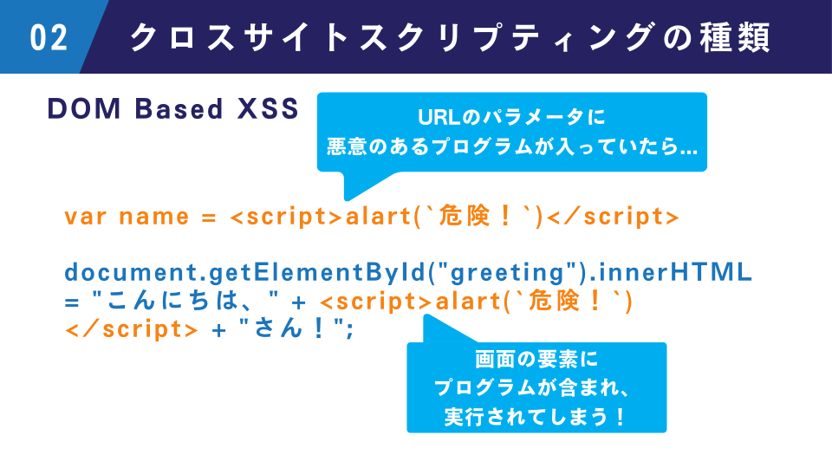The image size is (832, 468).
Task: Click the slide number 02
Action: pos(49,37)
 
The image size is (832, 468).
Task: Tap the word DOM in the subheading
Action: pos(84,109)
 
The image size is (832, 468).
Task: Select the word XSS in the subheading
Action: pos(268,109)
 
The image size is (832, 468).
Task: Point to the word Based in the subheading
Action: pos(179,109)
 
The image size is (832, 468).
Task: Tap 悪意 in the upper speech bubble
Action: pos(346,146)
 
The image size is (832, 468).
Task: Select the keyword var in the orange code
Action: pos(86,217)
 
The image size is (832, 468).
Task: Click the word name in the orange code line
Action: pos(154,217)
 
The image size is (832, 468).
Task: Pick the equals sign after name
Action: pos(209,218)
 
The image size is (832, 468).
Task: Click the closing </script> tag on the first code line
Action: pos(613,217)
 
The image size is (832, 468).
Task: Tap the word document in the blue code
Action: pos(131,272)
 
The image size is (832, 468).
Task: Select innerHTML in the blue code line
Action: pos(675,272)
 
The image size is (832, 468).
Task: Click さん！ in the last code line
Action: pos(290,329)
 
